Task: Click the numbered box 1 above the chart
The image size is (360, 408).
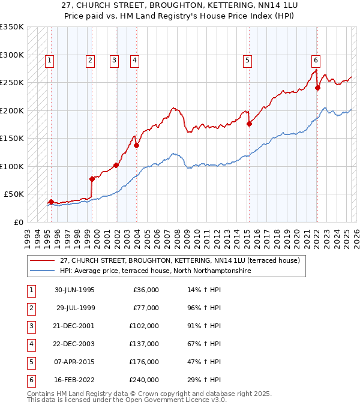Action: click(49, 59)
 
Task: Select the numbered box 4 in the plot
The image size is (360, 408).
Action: click(135, 59)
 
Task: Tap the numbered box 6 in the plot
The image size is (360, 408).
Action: click(316, 59)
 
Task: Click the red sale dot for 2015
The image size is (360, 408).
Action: click(248, 124)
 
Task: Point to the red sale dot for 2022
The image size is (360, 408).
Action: click(317, 88)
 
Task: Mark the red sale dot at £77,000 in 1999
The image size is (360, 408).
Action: click(92, 179)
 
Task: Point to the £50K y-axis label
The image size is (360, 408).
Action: click(14, 194)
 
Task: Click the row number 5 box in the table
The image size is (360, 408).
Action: click(30, 362)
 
